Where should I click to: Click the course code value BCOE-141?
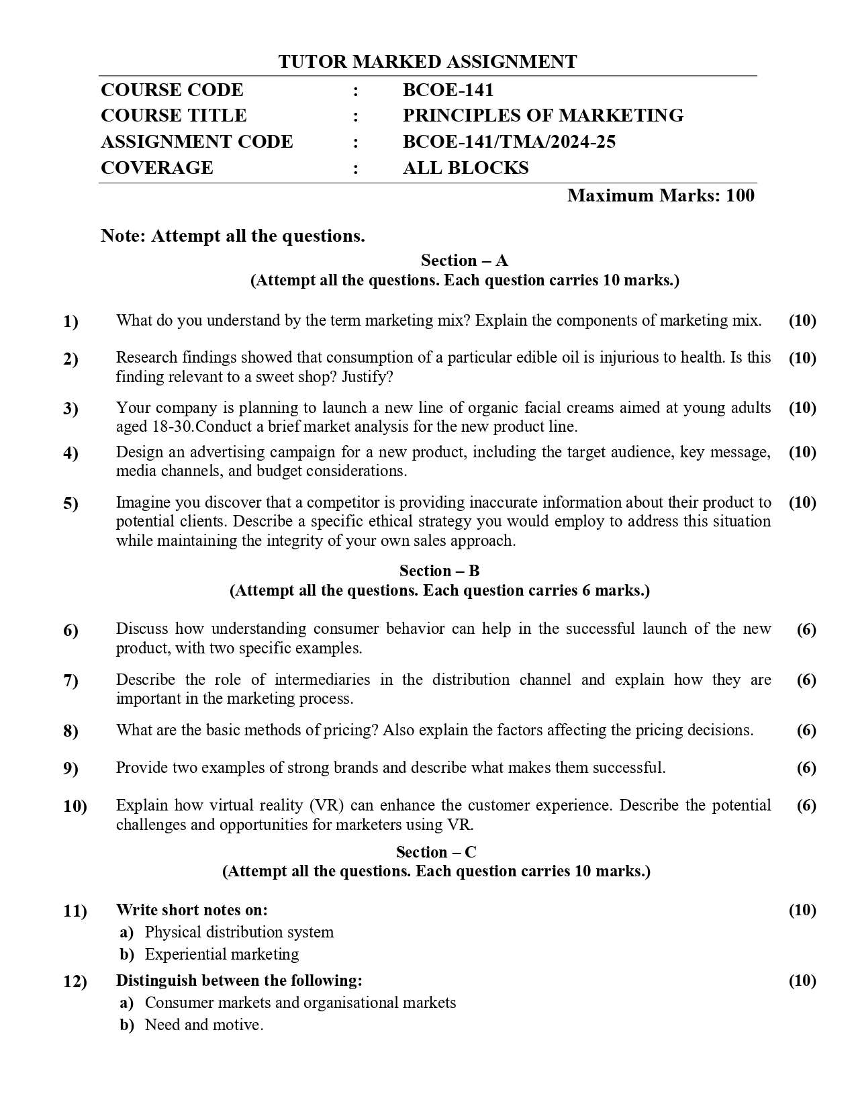(448, 90)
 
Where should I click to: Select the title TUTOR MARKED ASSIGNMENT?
(427, 62)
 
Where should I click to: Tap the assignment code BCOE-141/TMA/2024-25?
(509, 142)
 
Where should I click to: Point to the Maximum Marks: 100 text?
(661, 195)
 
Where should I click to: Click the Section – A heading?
(464, 261)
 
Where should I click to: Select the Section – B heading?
(439, 571)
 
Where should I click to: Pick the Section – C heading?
(436, 852)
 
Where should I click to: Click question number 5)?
(70, 503)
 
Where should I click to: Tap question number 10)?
(75, 806)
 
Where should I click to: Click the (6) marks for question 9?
(806, 768)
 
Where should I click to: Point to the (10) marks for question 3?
(802, 408)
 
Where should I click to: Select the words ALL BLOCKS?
(465, 168)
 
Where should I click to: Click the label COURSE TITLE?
(173, 116)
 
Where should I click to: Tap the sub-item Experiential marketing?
(222, 954)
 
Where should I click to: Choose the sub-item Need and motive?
(203, 1025)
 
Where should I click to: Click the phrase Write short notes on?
(191, 910)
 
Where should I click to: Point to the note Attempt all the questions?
(232, 236)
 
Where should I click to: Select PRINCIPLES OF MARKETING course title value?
(542, 116)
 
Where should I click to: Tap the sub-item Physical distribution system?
(239, 932)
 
